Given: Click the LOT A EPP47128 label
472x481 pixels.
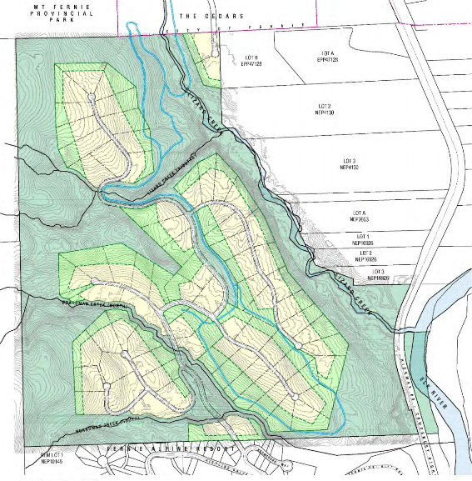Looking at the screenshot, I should pyautogui.click(x=325, y=58).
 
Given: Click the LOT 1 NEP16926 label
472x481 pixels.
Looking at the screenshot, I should pyautogui.click(x=363, y=240).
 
